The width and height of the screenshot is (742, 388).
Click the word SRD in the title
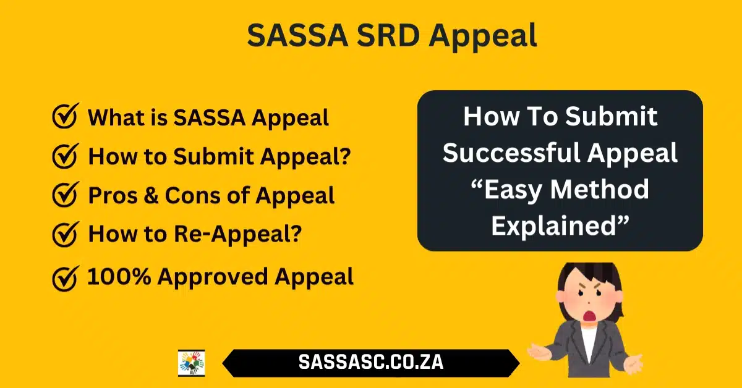(x=388, y=35)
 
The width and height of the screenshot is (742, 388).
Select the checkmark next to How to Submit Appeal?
(x=66, y=156)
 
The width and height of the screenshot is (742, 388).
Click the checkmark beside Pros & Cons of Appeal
(x=66, y=195)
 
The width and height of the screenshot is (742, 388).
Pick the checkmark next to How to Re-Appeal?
(x=66, y=234)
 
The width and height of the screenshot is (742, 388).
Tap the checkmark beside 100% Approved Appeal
(x=66, y=279)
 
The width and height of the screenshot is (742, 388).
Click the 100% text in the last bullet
(x=119, y=276)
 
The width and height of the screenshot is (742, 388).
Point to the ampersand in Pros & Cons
(x=151, y=195)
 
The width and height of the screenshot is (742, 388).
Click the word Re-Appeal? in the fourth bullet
(x=238, y=234)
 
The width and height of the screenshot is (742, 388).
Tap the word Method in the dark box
(x=600, y=189)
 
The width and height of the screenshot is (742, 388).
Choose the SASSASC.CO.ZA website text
(x=371, y=362)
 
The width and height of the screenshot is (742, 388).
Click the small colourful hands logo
(x=192, y=363)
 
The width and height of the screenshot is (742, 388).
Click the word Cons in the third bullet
(x=194, y=195)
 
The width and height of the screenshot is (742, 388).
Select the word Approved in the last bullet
(x=212, y=277)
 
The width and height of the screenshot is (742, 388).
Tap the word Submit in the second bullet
(x=214, y=156)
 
